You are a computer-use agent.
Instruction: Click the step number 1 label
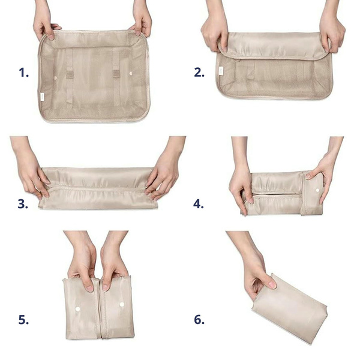23,73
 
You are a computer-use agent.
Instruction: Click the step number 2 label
199,72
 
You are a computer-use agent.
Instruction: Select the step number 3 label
23,204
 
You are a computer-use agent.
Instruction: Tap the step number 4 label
199,203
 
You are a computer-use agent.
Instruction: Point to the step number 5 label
23,320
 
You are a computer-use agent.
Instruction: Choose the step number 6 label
199,320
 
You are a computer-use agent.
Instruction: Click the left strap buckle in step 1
70,74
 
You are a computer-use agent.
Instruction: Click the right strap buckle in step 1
116,73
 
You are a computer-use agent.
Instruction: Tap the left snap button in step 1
55,78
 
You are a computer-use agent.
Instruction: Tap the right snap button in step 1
131,73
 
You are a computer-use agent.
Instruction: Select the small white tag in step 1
42,97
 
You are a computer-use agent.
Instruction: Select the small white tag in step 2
221,71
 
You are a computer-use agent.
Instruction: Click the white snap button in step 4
317,190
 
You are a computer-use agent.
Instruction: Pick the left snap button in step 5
78,309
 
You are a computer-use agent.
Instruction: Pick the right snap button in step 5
122,304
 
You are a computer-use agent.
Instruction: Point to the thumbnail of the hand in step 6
272,284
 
